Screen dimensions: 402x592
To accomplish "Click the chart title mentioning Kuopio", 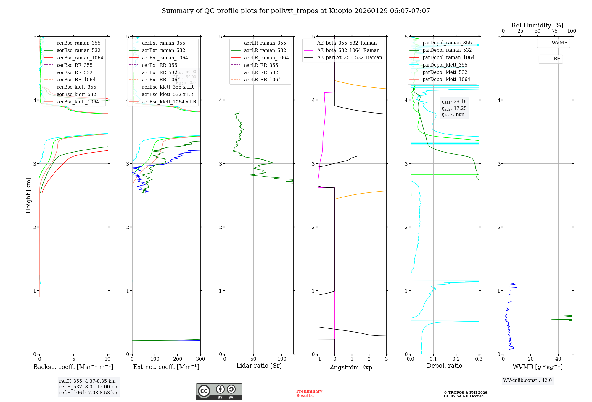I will pos(296,11).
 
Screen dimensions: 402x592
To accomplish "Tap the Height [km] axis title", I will pos(28,195).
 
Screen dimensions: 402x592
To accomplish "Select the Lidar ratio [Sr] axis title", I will pos(259,366).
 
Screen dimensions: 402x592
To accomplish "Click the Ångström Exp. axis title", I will pos(352,367).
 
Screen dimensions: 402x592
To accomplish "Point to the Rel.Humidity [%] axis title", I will pos(537,25).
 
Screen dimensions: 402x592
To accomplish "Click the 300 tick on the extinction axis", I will pos(200,359).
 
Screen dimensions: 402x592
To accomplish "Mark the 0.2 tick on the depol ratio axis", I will pos(456,359).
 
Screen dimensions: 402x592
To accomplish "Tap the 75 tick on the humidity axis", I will pos(554,31).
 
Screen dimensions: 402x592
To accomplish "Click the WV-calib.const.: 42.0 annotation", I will pos(527,380).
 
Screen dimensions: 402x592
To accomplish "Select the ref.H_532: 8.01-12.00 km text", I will pos(89,387).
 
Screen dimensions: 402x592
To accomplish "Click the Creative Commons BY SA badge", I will pos(219,391).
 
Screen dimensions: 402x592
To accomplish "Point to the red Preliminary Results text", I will pos(309,393).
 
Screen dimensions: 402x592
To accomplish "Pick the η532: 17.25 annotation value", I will pos(454,108).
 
